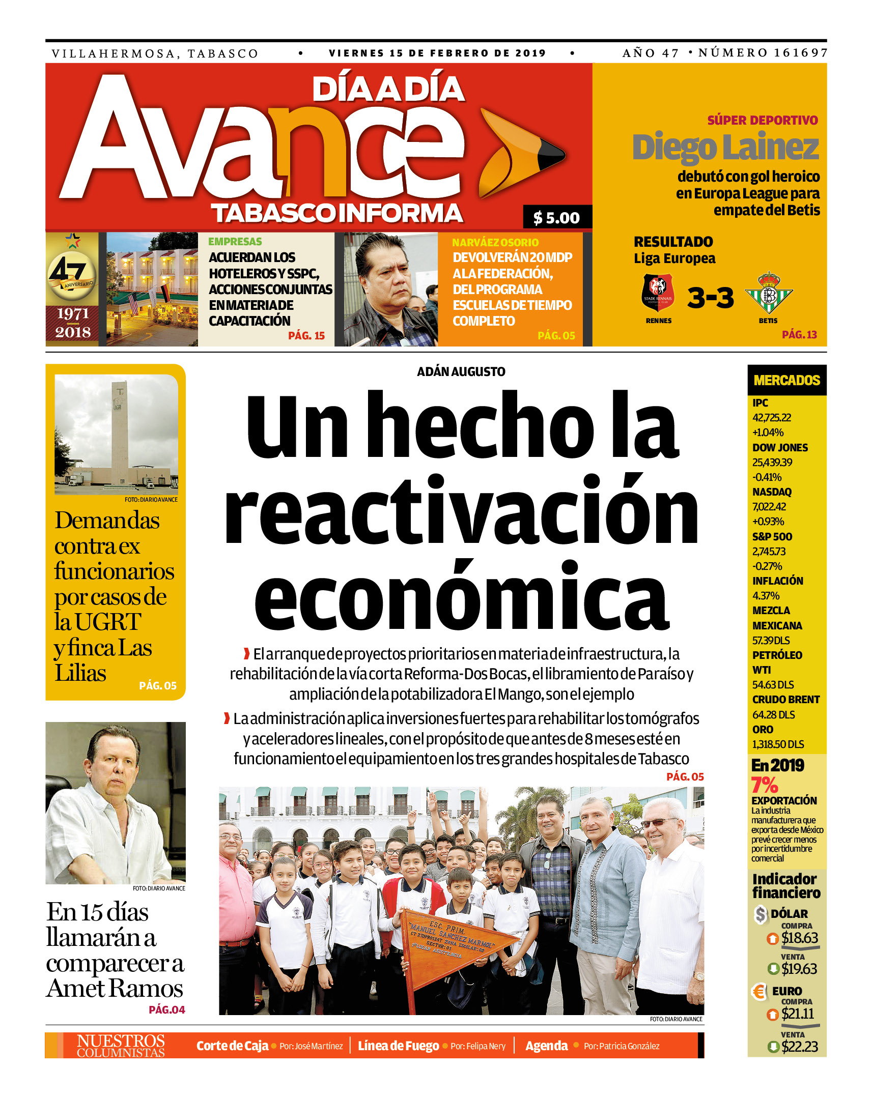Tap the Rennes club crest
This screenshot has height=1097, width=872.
click(x=658, y=293)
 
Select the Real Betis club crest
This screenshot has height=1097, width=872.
click(x=769, y=294)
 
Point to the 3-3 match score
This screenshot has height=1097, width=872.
click(x=711, y=297)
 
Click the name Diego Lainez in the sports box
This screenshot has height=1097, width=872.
click(x=725, y=147)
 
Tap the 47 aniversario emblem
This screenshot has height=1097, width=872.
click(x=72, y=275)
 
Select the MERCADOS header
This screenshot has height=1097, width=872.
click(x=786, y=380)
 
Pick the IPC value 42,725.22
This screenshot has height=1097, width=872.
click(x=772, y=418)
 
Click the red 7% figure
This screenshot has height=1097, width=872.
click(x=764, y=785)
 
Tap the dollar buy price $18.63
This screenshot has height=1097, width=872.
click(x=800, y=937)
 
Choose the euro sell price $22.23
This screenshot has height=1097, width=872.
click(x=800, y=1046)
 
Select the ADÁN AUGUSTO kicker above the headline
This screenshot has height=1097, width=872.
click(x=461, y=372)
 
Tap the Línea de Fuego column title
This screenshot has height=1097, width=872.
click(x=398, y=1046)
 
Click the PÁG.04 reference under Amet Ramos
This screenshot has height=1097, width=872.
click(x=166, y=1009)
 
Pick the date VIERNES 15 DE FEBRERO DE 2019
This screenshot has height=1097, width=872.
click(x=437, y=53)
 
